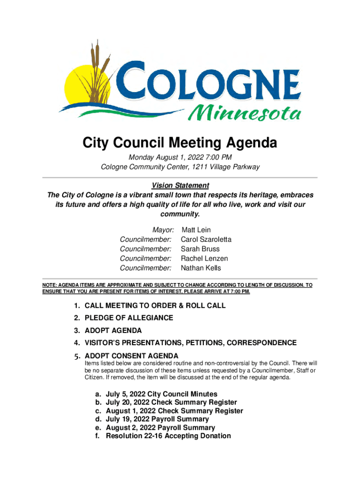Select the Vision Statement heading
point(180,185)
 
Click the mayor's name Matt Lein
point(196,230)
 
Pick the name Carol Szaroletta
point(206,239)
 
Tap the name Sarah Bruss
point(200,249)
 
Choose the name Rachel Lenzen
point(204,258)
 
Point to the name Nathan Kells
point(201,268)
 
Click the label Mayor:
point(163,230)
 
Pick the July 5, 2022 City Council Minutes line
point(161,394)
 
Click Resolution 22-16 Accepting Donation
point(168,436)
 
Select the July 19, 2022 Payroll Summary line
point(157,419)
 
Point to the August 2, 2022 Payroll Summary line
point(160,428)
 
